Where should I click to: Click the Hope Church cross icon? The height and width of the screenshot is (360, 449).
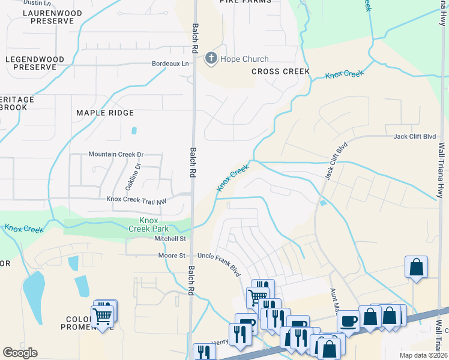point(211,59)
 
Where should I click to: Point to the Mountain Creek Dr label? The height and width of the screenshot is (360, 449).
point(116,154)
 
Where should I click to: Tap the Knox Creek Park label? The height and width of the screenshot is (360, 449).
point(149,224)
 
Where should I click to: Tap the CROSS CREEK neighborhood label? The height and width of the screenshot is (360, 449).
point(280,71)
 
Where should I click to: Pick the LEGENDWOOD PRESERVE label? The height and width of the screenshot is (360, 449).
point(30,64)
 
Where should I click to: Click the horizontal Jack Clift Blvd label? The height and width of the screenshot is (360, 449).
point(414,137)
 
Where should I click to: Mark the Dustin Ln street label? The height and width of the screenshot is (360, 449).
point(36,3)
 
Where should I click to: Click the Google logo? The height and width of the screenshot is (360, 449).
point(20,353)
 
